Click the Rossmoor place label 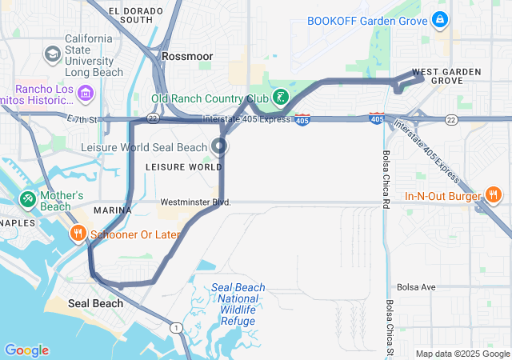(x=187, y=57)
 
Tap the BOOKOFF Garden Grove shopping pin (x=439, y=18)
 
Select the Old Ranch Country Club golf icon (x=280, y=98)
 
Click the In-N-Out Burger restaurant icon (x=494, y=195)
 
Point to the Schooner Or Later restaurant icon (x=78, y=234)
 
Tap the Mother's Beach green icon (x=26, y=198)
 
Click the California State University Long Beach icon (x=53, y=54)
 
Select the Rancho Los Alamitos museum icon (x=86, y=95)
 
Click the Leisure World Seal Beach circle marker (x=219, y=146)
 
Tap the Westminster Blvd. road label (x=195, y=202)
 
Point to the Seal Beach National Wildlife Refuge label (x=238, y=304)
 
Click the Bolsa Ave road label (x=417, y=286)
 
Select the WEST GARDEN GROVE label (x=446, y=76)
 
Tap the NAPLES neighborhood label (x=17, y=222)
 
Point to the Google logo (x=26, y=350)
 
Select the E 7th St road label (x=83, y=119)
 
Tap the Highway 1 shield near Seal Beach (x=174, y=327)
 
